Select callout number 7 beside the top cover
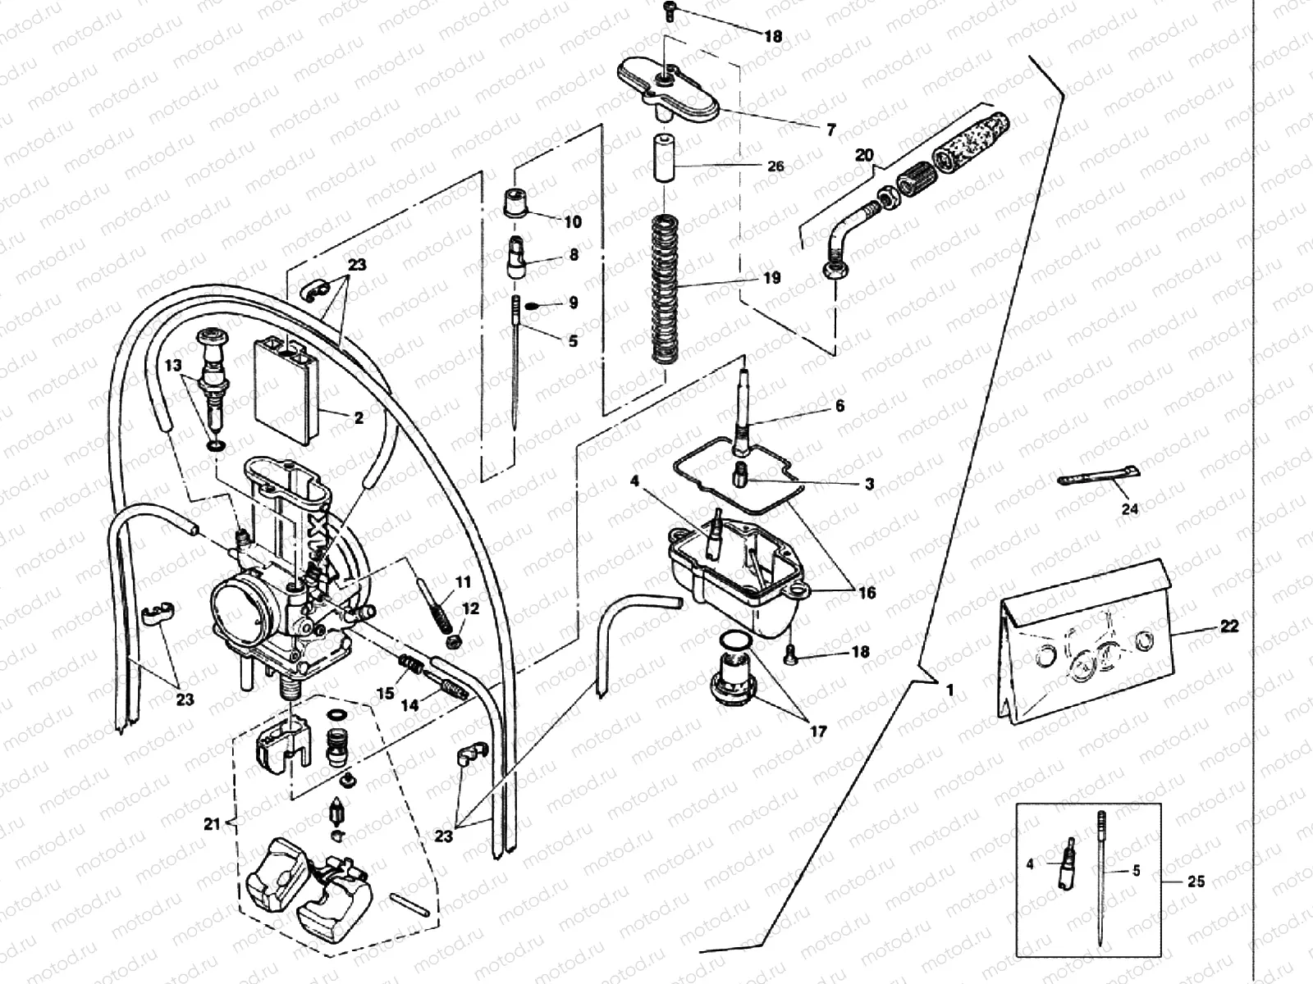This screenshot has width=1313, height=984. [830, 130]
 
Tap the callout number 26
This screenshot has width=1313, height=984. [775, 166]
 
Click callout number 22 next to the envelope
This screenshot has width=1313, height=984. [1228, 626]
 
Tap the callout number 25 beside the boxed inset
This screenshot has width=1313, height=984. [1196, 881]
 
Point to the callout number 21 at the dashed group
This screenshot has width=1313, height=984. [213, 824]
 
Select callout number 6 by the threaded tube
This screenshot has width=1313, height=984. [839, 407]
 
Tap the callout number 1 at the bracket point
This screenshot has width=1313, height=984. [949, 690]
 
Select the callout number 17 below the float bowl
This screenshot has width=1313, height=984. [817, 731]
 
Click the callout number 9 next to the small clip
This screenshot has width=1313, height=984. [573, 303]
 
